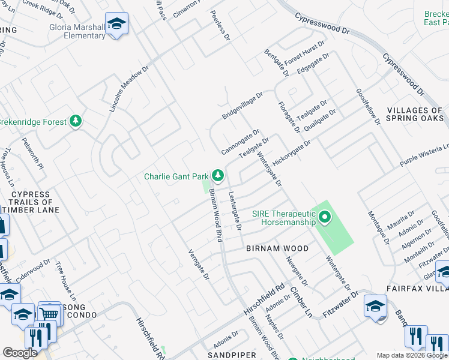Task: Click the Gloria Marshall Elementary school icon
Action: point(116,25)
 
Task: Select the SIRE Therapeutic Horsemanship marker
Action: point(325,217)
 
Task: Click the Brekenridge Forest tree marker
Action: point(76,122)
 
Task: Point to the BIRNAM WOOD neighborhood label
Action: point(277,248)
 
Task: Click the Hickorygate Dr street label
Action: point(292,154)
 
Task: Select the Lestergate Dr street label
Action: point(234,211)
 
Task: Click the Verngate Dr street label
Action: point(199,265)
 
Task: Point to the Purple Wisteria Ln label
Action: point(424,155)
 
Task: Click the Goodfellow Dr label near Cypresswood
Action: point(369,107)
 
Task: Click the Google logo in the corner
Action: point(20,353)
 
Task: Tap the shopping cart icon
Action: point(50,313)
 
